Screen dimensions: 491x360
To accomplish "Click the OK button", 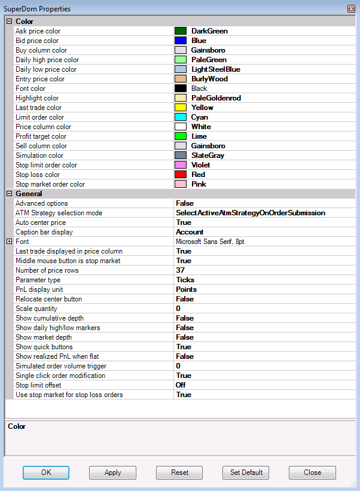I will (x=46, y=472).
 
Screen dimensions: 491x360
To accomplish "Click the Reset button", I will (x=179, y=472).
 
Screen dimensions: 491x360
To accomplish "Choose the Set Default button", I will (x=246, y=472).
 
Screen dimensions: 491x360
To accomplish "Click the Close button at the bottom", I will (x=312, y=472).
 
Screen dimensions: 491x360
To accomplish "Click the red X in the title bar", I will (x=351, y=9).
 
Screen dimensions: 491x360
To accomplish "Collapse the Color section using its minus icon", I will (x=9, y=22).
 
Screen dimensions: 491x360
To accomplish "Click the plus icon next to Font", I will (x=9, y=242).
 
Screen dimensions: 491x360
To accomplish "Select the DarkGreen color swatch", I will (x=181, y=31).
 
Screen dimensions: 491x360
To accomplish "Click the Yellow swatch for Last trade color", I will (x=181, y=108).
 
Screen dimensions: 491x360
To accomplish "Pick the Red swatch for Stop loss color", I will (x=181, y=175).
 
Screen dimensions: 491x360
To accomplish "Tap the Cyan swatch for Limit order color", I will (x=181, y=117).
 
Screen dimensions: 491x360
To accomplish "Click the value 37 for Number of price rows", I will (x=181, y=270).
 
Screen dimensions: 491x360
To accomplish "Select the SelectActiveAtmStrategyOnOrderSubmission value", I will (x=250, y=213).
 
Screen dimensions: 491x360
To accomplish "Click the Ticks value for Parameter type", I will (x=185, y=280).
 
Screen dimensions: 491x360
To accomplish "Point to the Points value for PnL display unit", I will (x=186, y=289).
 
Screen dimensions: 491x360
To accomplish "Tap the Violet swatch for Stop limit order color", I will (x=181, y=165).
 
